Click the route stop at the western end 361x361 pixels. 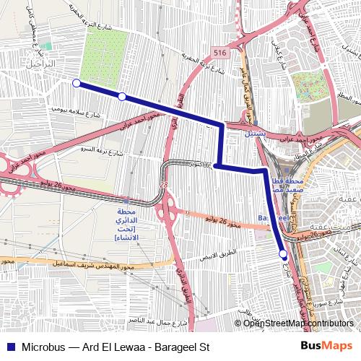pyautogui.click(x=77, y=83)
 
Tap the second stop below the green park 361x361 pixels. pyautogui.click(x=122, y=96)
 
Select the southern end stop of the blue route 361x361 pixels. pyautogui.click(x=283, y=254)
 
